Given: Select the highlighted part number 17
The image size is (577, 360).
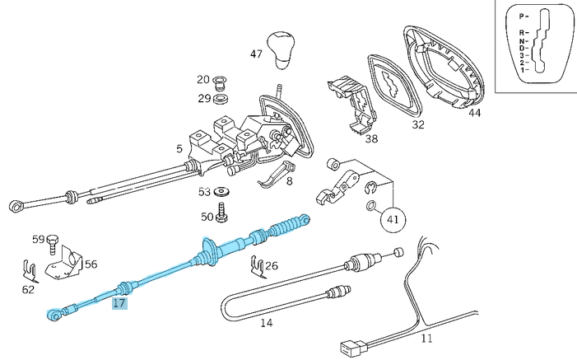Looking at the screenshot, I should [119, 303].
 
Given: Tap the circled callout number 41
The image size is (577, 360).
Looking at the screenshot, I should [392, 219].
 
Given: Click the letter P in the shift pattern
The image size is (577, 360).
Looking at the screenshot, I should [521, 16].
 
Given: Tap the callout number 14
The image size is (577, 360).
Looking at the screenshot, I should [266, 323].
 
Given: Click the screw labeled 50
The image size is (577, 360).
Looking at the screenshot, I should [222, 217].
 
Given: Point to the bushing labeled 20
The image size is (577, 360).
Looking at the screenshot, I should [220, 82].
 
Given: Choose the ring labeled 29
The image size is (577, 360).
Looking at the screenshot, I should [220, 99].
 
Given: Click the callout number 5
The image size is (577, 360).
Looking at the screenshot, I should [179, 149].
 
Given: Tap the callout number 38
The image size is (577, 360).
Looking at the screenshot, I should [371, 139].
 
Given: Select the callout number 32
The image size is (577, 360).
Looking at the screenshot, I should [418, 125].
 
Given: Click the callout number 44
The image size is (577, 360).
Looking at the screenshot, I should [474, 113].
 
